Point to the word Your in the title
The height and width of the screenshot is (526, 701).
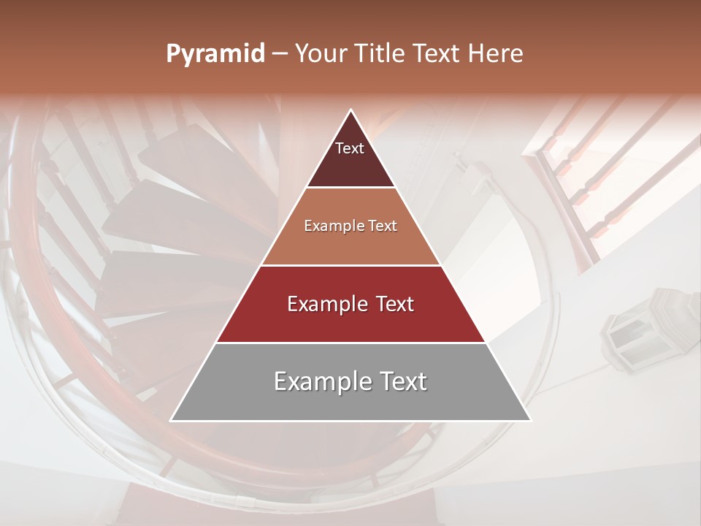coord(319,53)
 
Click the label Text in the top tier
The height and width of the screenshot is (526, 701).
coord(350,148)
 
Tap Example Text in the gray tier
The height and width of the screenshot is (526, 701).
coord(350,381)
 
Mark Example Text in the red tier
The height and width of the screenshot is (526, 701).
coord(350,304)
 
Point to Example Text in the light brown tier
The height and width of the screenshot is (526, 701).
coord(350,226)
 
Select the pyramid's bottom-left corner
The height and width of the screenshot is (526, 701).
coord(172,420)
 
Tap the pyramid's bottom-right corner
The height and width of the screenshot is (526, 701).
coord(530,420)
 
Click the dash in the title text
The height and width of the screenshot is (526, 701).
coord(280,54)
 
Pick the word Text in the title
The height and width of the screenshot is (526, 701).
coord(435,53)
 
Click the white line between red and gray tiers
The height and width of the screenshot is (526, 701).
coord(350,343)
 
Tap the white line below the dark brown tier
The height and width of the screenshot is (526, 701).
coord(350,188)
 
